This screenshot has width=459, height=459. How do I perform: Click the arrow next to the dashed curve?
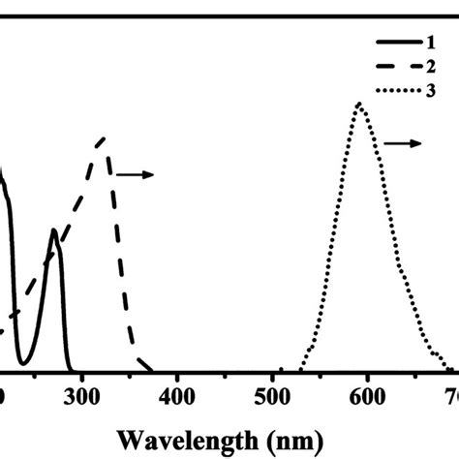point(135,175)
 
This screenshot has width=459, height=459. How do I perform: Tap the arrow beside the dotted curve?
point(403,143)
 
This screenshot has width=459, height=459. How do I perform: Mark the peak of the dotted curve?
point(360,104)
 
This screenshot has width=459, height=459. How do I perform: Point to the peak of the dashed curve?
point(104,138)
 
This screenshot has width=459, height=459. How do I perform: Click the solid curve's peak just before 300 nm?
point(55,231)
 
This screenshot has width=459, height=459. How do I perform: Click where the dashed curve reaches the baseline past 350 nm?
point(151,369)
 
